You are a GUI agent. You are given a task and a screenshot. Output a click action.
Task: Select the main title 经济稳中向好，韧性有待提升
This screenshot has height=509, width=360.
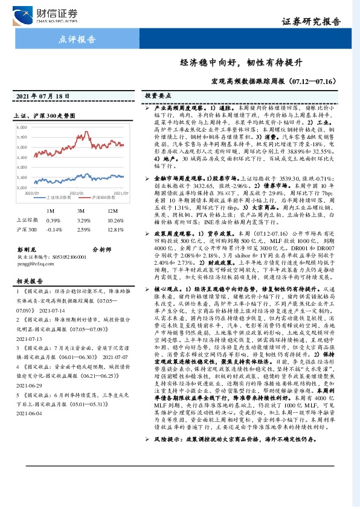click(x=240, y=63)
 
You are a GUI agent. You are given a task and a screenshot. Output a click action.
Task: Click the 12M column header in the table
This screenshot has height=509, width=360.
click(x=112, y=210)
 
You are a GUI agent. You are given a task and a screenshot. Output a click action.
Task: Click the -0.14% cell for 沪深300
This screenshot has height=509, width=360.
click(x=54, y=230)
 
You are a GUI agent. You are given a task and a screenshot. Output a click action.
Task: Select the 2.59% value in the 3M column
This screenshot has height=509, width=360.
click(x=85, y=230)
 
